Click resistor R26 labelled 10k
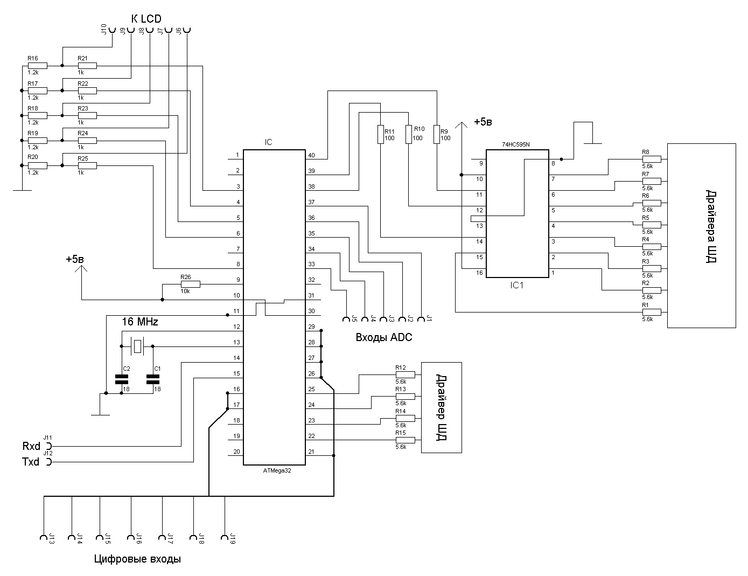190,283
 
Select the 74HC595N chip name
515,145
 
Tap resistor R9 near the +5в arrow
436,135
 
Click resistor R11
381,135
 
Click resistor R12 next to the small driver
406,374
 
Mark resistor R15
406,440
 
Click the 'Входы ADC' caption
384,338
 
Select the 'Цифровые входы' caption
137,559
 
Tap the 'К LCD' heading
146,19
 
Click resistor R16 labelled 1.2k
38,66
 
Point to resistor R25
87,165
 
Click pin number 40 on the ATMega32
311,156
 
